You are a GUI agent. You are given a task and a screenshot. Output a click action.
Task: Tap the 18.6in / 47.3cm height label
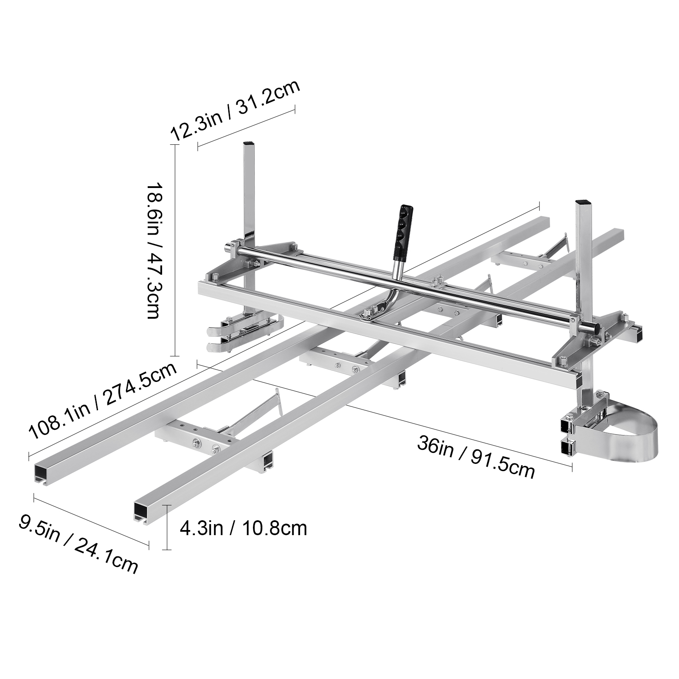153,250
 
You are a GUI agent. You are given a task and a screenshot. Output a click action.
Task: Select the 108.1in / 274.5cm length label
102,401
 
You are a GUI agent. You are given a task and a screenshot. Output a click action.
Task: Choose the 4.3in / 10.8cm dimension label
243,529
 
